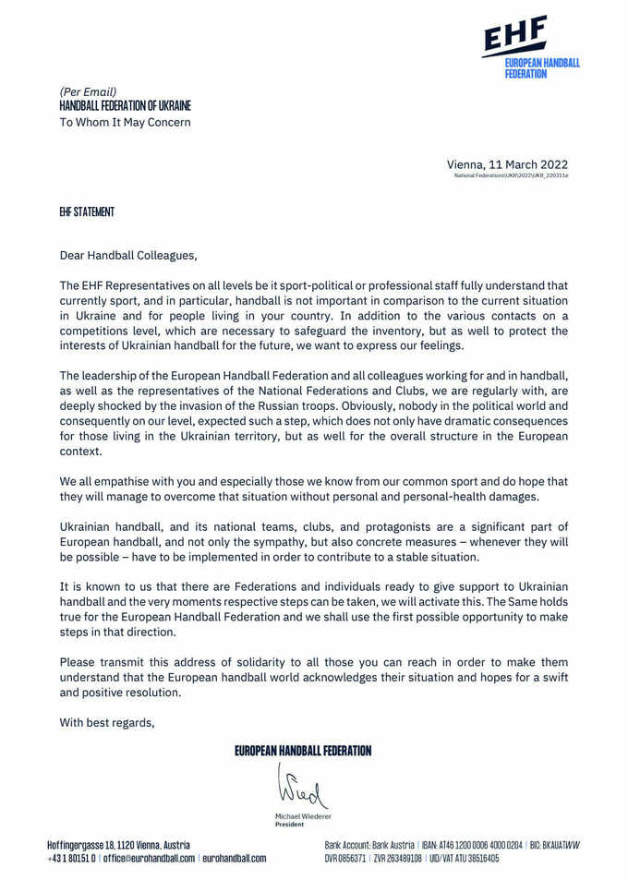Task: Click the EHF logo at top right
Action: click(x=530, y=47)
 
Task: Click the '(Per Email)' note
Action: click(x=88, y=91)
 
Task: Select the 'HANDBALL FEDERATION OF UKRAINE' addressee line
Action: click(x=125, y=106)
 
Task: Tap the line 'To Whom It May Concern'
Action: click(x=125, y=122)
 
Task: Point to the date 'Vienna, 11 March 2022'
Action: click(x=507, y=163)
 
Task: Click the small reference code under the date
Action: click(x=511, y=175)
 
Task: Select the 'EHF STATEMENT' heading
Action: click(x=87, y=212)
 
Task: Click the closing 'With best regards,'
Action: click(x=107, y=722)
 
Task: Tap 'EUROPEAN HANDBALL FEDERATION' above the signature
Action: click(x=303, y=751)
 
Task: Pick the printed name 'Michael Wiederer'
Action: click(x=303, y=817)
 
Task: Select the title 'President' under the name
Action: click(x=289, y=825)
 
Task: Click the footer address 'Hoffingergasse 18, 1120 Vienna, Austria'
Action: click(x=119, y=845)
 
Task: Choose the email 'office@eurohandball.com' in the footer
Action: click(x=149, y=858)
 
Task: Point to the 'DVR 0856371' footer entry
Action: click(x=346, y=858)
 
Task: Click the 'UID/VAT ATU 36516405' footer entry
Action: click(x=465, y=858)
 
